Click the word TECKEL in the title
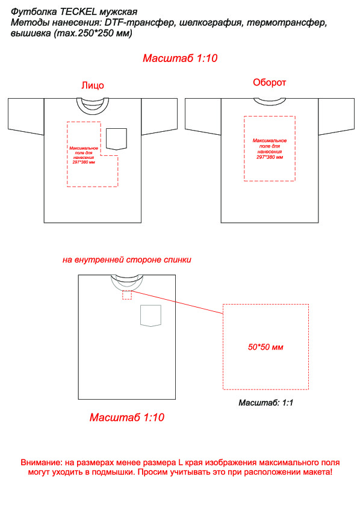click(x=78, y=12)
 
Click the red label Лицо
click(x=93, y=85)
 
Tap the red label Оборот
click(x=269, y=82)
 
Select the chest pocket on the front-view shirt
click(x=116, y=139)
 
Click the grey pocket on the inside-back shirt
click(x=151, y=315)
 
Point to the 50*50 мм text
click(x=265, y=347)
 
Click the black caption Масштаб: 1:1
click(x=265, y=403)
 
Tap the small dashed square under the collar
click(x=127, y=295)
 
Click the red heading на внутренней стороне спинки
click(x=126, y=260)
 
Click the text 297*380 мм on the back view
click(x=270, y=157)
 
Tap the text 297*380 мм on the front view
click(x=84, y=162)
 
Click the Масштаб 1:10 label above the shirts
click(x=180, y=58)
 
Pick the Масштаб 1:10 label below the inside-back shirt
click(x=126, y=417)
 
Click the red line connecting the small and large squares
click(x=177, y=302)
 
